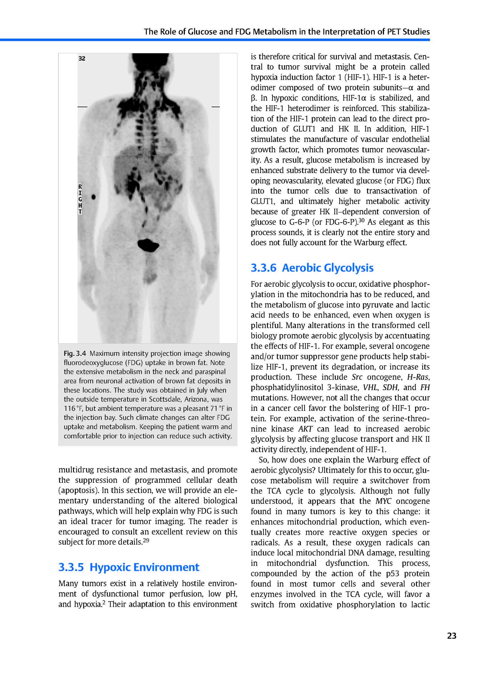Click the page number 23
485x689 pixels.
[451, 636]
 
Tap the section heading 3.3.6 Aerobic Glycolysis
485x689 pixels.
[312, 268]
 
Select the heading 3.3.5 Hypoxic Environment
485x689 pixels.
[129, 567]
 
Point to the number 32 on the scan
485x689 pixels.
[82, 58]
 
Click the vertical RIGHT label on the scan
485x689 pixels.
[80, 199]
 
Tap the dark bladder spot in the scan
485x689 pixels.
[148, 244]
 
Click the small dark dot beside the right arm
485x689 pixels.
[93, 197]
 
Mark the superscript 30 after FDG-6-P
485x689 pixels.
[361, 221]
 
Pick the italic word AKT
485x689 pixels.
[305, 429]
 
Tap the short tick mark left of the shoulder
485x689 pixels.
[82, 107]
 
